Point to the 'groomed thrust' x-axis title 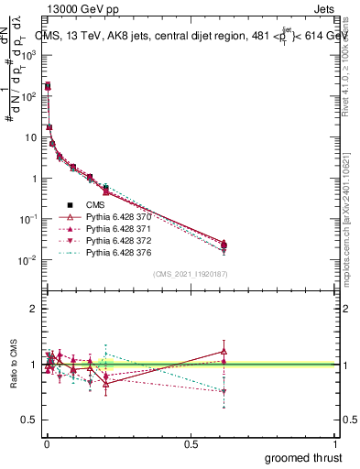pos(301,457)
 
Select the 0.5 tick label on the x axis pos(191,443)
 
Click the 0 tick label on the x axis pos(46,443)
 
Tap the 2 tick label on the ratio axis pos(33,310)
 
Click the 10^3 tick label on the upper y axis pos(27,55)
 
